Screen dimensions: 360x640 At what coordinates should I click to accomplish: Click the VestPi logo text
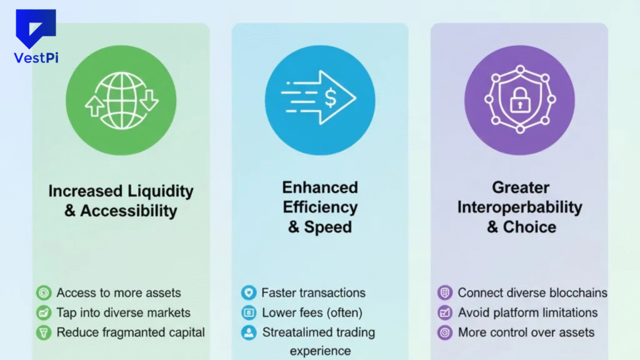tap(36, 57)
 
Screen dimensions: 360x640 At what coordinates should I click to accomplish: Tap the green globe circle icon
tap(121, 99)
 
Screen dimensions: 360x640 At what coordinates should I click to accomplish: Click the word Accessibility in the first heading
tap(128, 211)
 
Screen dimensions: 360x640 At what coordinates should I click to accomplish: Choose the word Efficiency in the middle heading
tap(320, 207)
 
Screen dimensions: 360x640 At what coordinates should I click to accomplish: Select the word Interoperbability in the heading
tap(519, 207)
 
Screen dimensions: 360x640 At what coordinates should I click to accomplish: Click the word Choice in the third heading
tap(529, 227)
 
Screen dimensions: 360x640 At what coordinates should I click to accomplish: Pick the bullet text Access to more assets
tap(119, 292)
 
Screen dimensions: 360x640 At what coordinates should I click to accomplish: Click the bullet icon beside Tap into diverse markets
tap(43, 312)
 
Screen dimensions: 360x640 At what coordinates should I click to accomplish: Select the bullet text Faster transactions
tap(313, 292)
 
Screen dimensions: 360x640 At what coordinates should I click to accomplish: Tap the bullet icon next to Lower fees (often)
tap(249, 312)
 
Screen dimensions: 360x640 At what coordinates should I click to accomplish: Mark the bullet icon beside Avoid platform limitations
tap(444, 312)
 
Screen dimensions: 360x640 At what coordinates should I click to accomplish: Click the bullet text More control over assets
tap(526, 332)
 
